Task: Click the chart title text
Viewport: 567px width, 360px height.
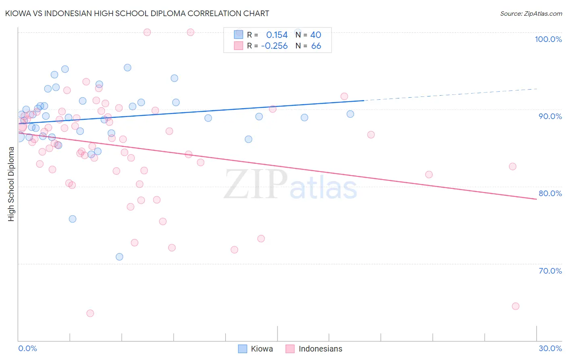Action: pyautogui.click(x=137, y=13)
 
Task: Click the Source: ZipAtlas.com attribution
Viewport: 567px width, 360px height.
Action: pyautogui.click(x=531, y=13)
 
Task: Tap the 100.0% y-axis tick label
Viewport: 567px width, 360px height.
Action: pyautogui.click(x=548, y=39)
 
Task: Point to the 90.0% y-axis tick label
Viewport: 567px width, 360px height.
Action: pyautogui.click(x=550, y=116)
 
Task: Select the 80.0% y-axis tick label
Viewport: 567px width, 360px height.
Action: pyautogui.click(x=550, y=193)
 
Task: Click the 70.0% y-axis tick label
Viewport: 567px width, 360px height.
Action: pyautogui.click(x=550, y=271)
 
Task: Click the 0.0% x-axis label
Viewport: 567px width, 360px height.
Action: pyautogui.click(x=27, y=348)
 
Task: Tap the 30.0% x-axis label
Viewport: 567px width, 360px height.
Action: pyautogui.click(x=550, y=348)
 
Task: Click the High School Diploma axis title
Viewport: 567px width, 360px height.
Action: pyautogui.click(x=11, y=184)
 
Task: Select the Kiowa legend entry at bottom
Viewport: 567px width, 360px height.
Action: pyautogui.click(x=256, y=349)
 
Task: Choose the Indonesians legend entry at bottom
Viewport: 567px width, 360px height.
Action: pyautogui.click(x=314, y=349)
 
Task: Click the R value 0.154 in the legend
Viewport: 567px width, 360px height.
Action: pyautogui.click(x=277, y=35)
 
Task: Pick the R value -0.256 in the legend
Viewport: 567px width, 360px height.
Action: pyautogui.click(x=274, y=46)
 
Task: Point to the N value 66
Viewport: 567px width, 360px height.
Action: pyautogui.click(x=316, y=46)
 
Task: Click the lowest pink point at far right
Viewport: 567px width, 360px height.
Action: pyautogui.click(x=515, y=306)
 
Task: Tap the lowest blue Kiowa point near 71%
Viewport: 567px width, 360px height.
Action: pyautogui.click(x=119, y=257)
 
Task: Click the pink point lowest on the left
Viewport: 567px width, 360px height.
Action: pyautogui.click(x=90, y=313)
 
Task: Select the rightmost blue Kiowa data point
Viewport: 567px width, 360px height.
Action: pyautogui.click(x=350, y=114)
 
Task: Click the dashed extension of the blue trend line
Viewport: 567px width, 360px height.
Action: pyautogui.click(x=452, y=94)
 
